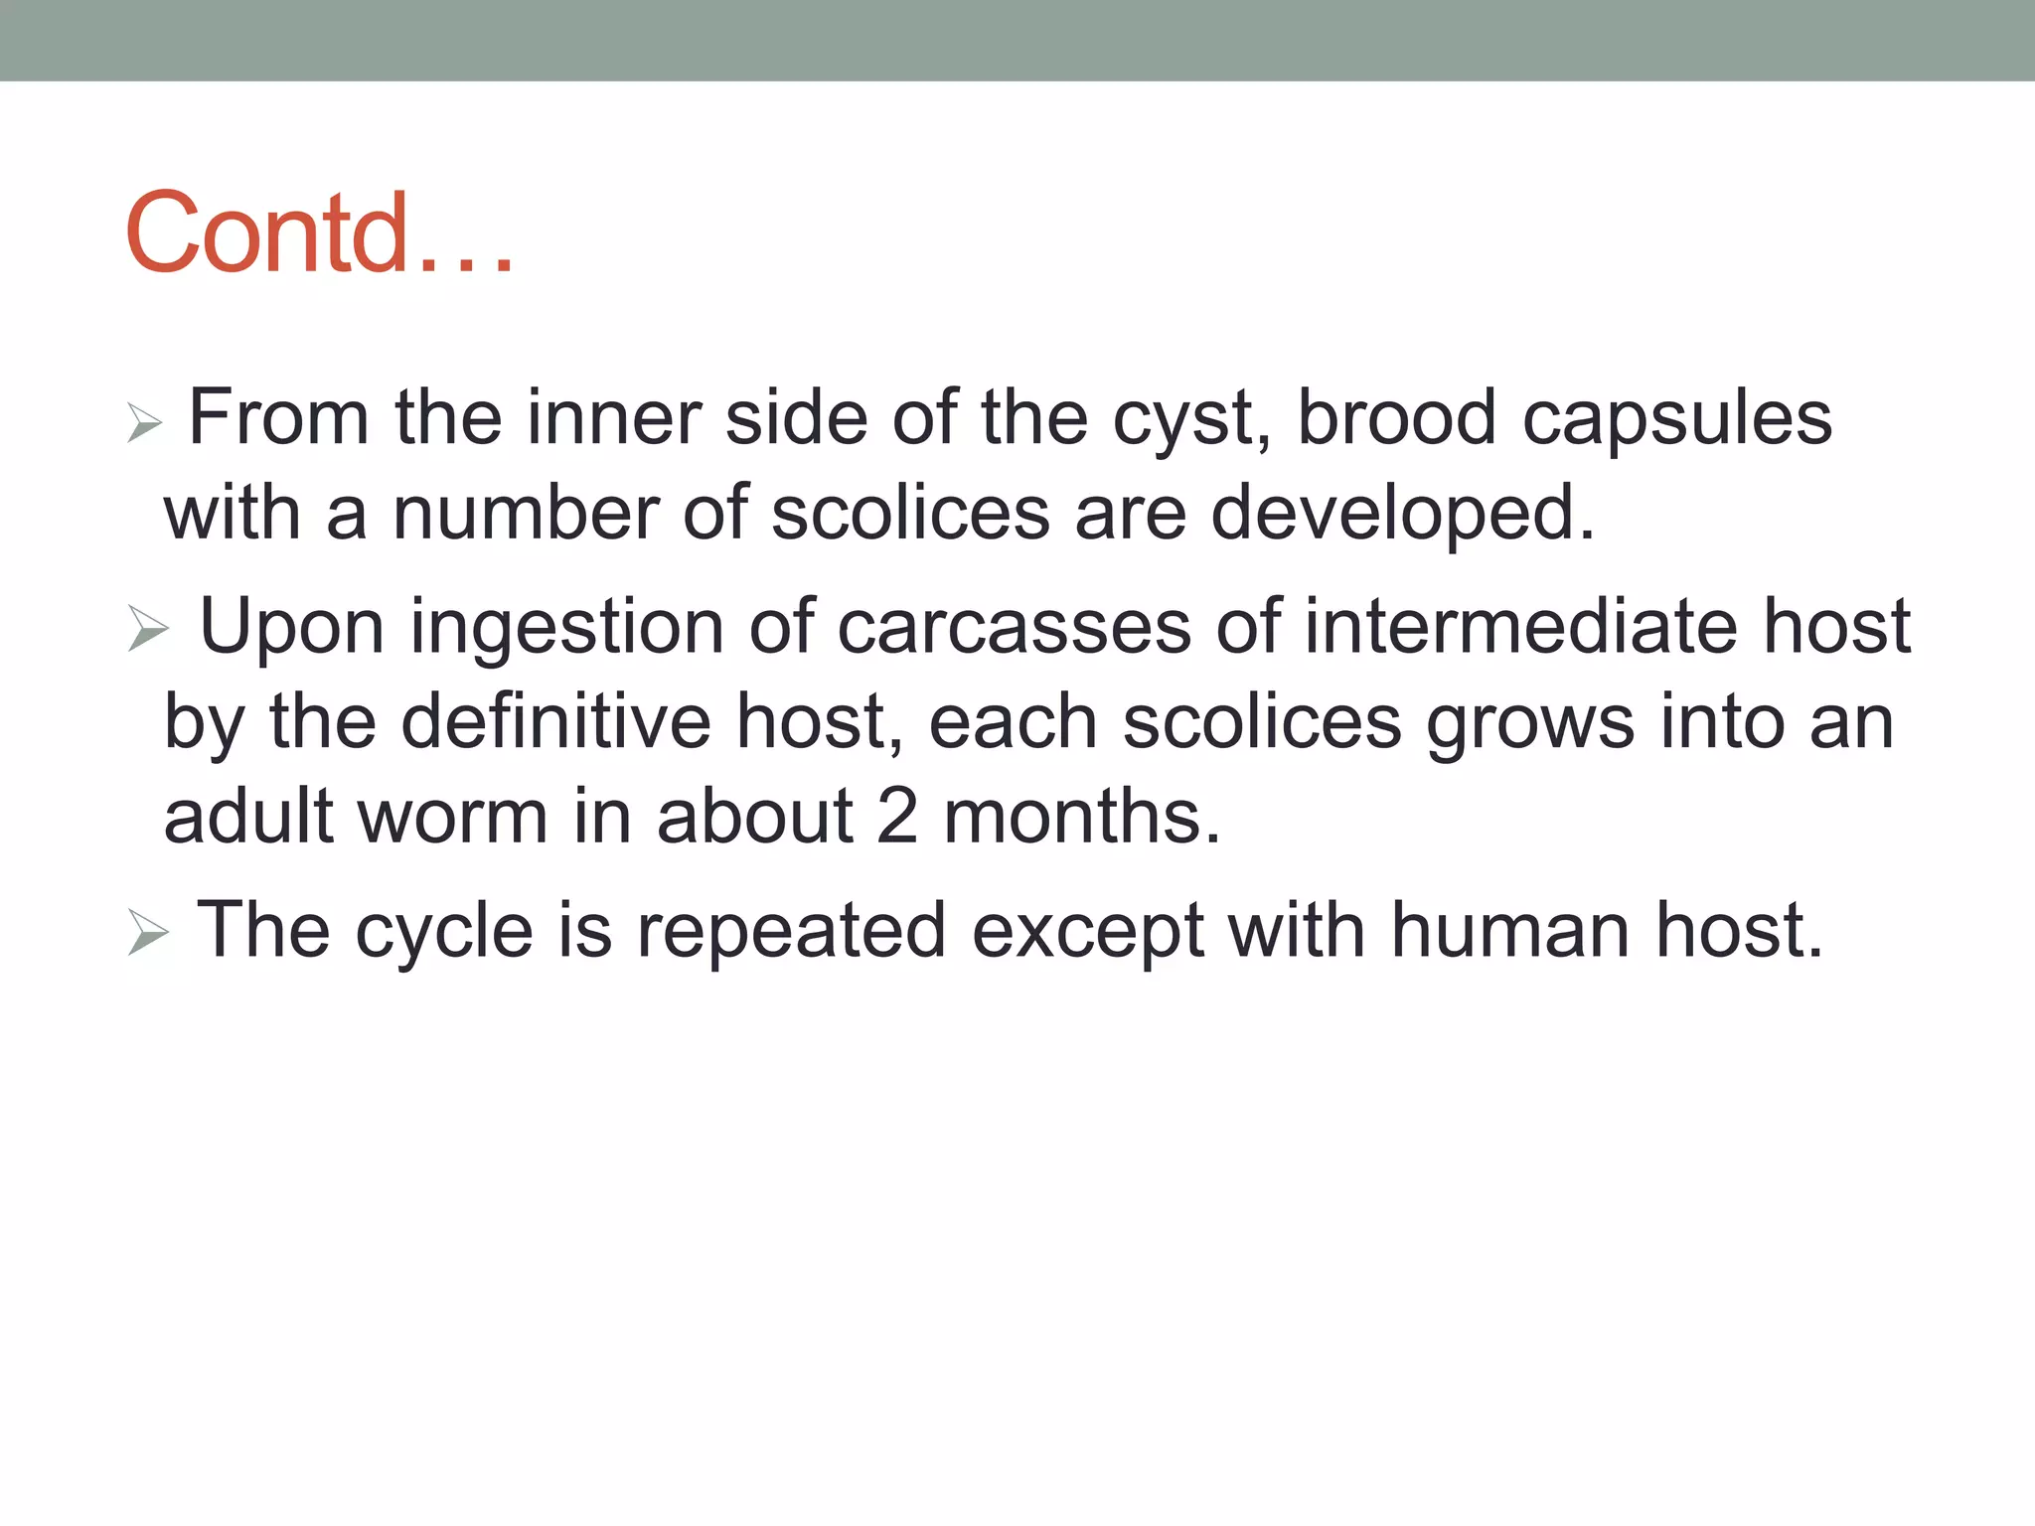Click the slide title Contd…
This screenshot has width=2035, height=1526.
320,232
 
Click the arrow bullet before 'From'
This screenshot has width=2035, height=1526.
145,424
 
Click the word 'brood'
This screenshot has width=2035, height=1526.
1396,418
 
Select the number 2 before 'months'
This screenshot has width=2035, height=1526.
896,817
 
